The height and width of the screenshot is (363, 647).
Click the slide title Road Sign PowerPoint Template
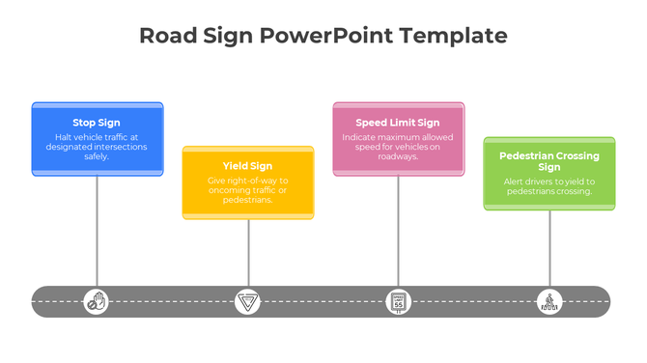[323, 36]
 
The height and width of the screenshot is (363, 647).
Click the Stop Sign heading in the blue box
[97, 123]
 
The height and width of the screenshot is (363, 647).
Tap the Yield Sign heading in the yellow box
[248, 166]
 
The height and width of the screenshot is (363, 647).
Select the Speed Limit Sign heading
[398, 123]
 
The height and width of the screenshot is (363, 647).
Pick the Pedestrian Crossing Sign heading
[549, 161]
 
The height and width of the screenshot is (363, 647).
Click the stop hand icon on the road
[97, 302]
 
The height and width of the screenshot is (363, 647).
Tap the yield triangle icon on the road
[248, 302]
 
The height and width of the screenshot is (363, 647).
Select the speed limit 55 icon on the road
[398, 302]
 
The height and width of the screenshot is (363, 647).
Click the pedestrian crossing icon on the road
[549, 302]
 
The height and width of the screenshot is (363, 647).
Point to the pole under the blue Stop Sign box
[97, 232]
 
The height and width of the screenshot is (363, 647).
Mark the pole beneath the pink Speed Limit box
[398, 232]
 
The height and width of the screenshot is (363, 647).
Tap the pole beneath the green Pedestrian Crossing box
[549, 249]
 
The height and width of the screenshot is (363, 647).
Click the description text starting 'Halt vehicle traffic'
[97, 147]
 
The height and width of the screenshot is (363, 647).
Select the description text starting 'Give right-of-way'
[248, 190]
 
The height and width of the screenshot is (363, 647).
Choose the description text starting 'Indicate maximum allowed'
[398, 147]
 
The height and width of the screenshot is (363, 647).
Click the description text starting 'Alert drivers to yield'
[549, 186]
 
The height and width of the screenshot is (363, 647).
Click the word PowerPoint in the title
[320, 36]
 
